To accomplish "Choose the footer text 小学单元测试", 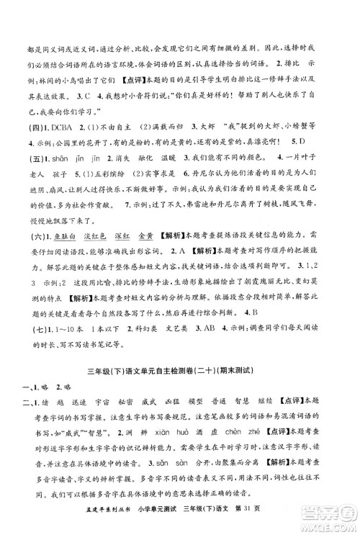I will [158, 524].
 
